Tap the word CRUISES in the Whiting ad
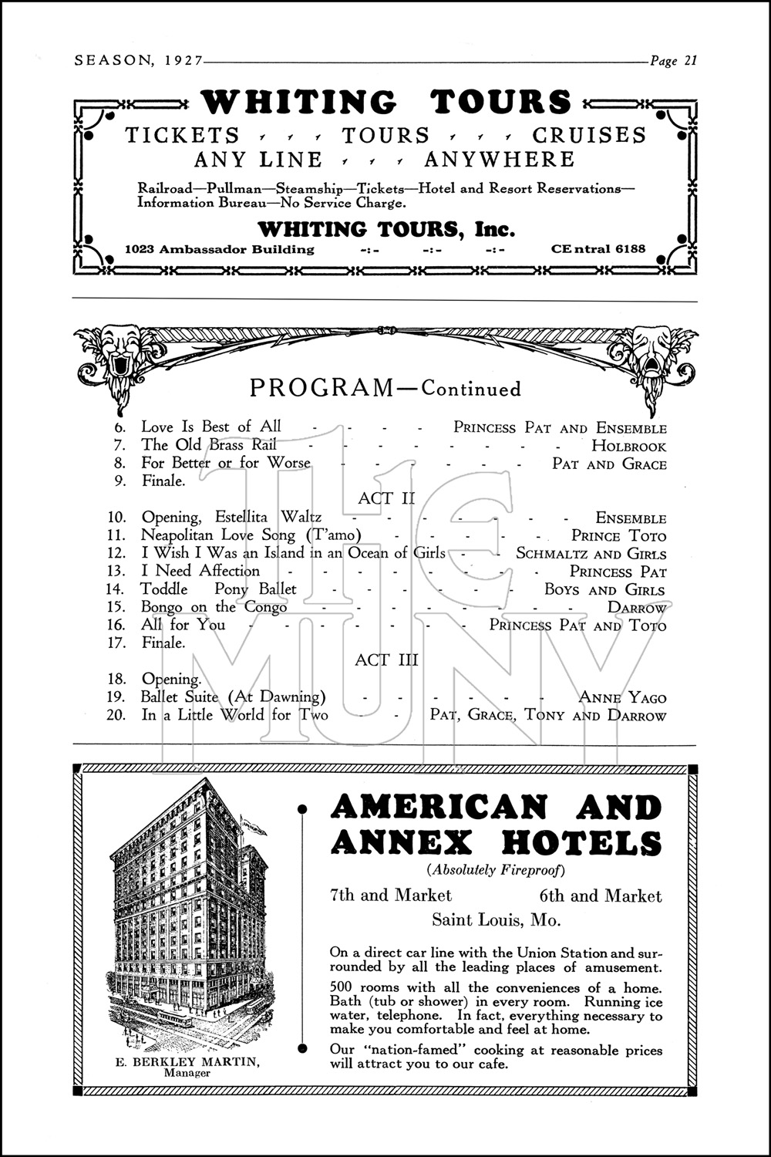(589, 135)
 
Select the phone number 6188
(628, 249)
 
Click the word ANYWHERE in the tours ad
(499, 160)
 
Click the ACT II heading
(385, 498)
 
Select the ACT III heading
(386, 660)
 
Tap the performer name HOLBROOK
(628, 446)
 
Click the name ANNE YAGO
(622, 698)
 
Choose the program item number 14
(116, 590)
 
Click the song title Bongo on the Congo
(214, 607)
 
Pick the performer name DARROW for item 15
(636, 608)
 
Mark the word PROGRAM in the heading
(322, 387)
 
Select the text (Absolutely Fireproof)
(496, 871)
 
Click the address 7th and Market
(390, 896)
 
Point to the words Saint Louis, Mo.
(496, 920)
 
